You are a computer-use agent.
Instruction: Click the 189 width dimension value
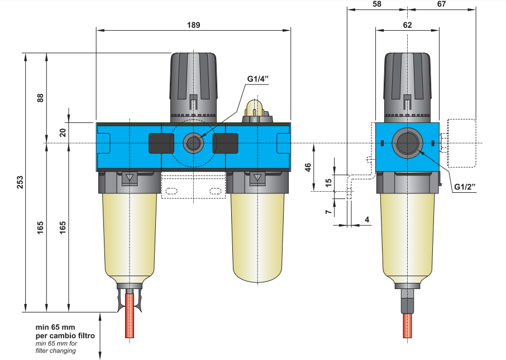[x=193, y=25]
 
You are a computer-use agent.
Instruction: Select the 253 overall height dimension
[x=20, y=182]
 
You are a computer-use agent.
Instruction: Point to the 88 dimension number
[x=40, y=97]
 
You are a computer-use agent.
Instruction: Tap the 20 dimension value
[x=63, y=133]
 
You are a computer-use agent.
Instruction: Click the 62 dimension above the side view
[x=407, y=25]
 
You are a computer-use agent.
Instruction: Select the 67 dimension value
[x=442, y=4]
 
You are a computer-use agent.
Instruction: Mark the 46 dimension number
[x=308, y=167]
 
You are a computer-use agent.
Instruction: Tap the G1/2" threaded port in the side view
[x=407, y=143]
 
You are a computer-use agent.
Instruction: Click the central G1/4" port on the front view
[x=193, y=144]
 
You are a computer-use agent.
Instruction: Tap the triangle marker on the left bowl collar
[x=130, y=179]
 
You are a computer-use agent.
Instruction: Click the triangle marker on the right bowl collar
[x=257, y=179]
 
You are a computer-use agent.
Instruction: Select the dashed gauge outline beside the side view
[x=462, y=143]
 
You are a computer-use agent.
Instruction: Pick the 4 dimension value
[x=367, y=220]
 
